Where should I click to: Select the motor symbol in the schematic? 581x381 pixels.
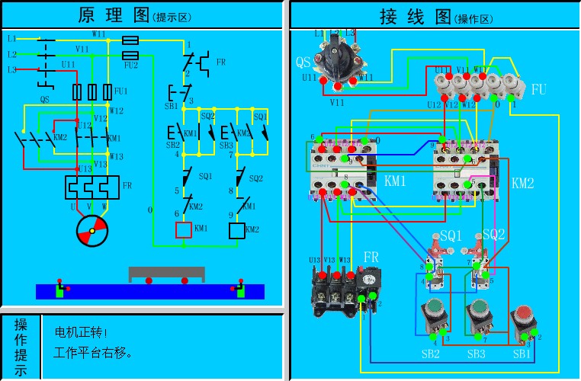click(x=92, y=229)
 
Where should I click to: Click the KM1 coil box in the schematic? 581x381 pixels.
click(x=184, y=229)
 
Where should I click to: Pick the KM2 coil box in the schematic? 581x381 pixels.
click(x=237, y=229)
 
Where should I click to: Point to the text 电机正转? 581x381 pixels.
click(x=82, y=333)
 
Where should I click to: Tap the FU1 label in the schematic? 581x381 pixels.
click(x=120, y=91)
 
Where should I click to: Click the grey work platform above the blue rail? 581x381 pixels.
click(x=167, y=273)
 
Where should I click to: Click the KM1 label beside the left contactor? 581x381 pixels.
click(x=395, y=182)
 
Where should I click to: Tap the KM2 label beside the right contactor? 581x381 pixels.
click(x=522, y=183)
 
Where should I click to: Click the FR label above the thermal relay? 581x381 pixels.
click(x=371, y=256)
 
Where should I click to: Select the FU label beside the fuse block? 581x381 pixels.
click(x=539, y=90)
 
